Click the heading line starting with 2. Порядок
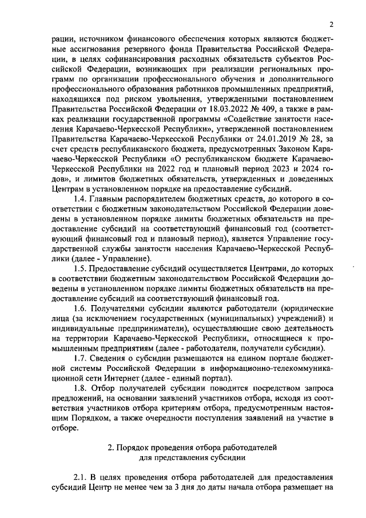(184, 447)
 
